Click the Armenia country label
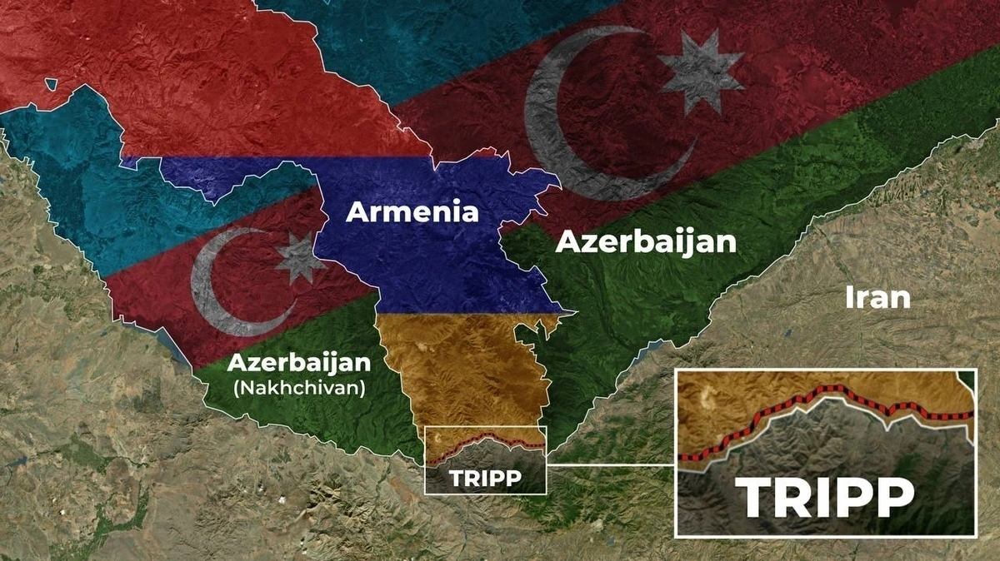[412, 212]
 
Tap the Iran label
[877, 297]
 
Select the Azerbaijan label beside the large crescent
[646, 242]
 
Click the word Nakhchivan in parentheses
[299, 387]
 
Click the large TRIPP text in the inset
[826, 497]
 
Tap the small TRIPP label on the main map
[485, 479]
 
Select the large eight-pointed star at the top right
[702, 73]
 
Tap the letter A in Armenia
[357, 212]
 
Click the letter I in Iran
[849, 297]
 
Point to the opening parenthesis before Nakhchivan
[237, 388]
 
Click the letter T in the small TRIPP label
[455, 479]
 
